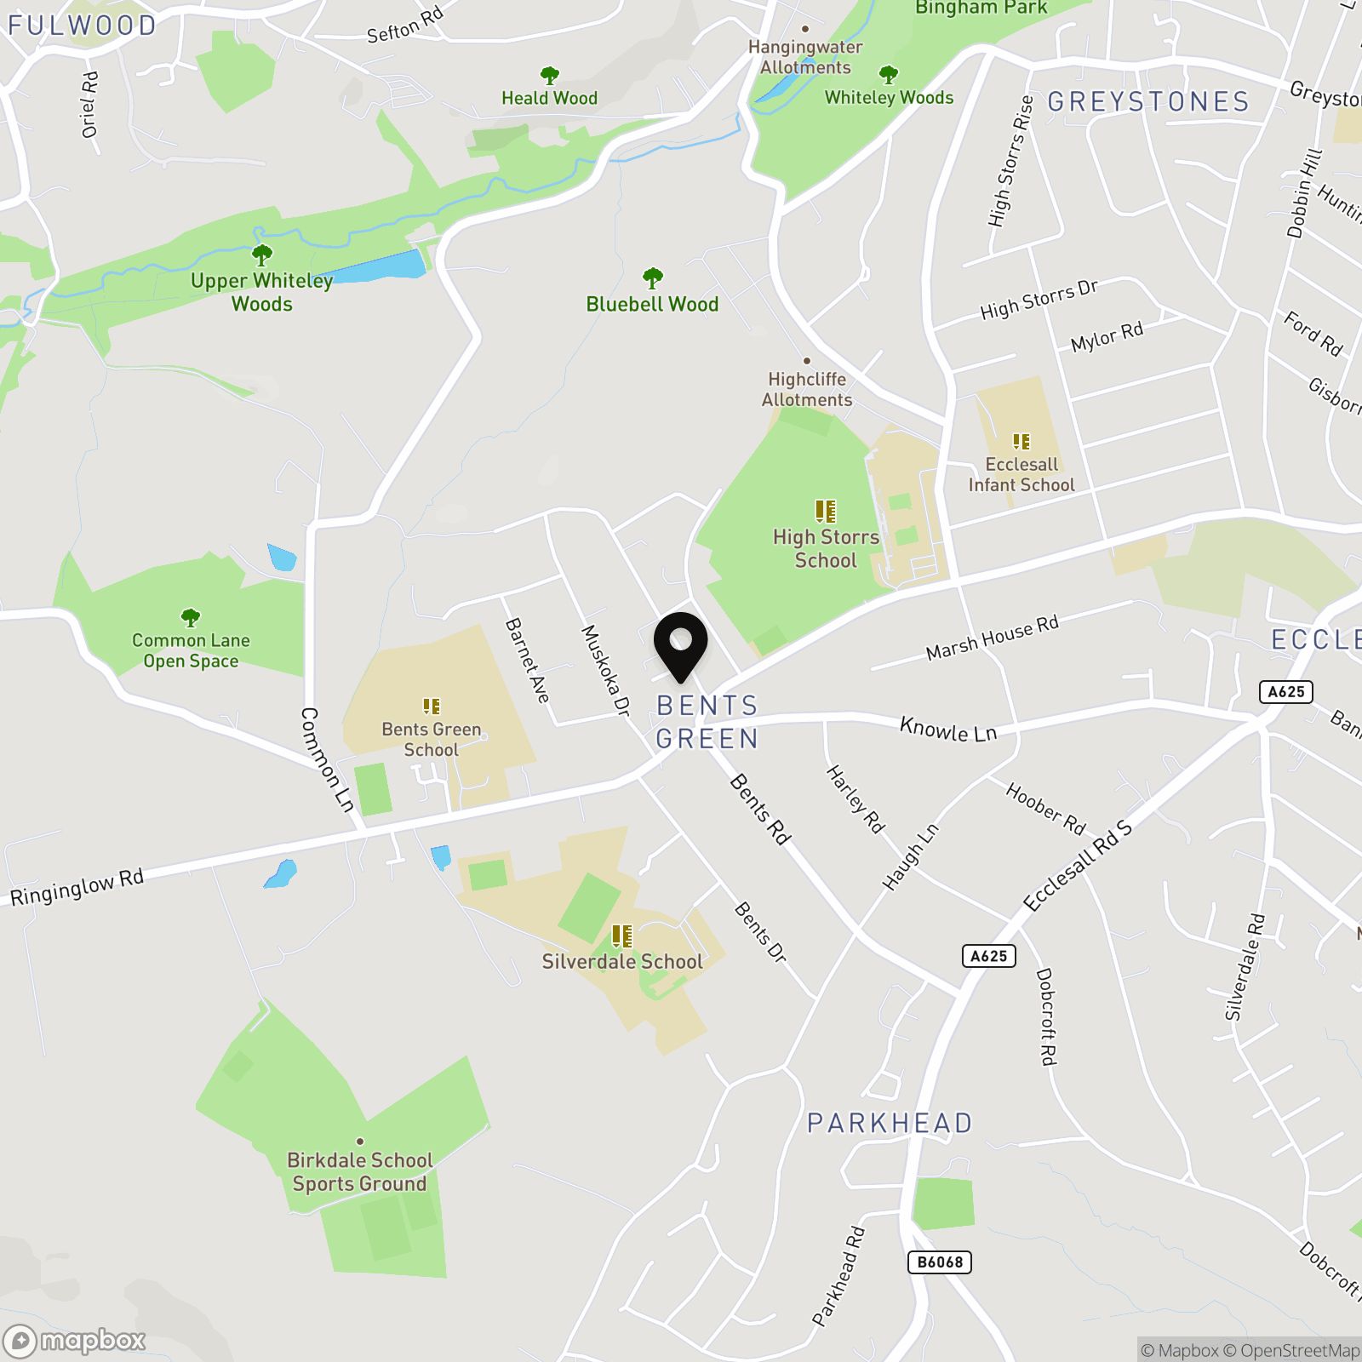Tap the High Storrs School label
826,548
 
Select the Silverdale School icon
622,936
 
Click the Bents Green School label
431,740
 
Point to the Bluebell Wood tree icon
653,278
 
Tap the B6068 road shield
940,1262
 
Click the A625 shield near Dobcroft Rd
989,956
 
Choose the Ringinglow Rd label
77,888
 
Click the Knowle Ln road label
948,730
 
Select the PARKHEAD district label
890,1124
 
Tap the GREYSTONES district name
1148,102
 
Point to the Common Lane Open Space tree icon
191,617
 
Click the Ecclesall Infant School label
1021,475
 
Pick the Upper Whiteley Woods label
261,292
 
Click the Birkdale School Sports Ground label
359,1172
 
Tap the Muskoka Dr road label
605,670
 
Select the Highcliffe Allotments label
807,389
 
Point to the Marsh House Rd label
993,638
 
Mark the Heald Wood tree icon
550,76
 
